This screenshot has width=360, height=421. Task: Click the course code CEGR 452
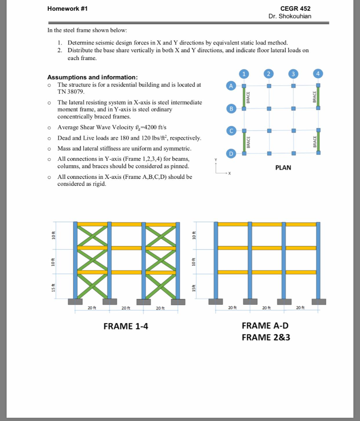tap(295, 9)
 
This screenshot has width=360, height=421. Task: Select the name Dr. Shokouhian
tap(290, 16)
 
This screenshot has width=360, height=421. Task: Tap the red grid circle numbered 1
tap(244, 74)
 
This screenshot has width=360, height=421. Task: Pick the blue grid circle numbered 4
tap(318, 74)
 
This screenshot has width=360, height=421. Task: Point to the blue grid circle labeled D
tap(231, 153)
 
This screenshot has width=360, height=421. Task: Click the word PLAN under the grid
tap(283, 167)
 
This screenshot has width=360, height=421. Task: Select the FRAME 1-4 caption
tap(125, 326)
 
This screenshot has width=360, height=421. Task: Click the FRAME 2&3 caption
tap(266, 338)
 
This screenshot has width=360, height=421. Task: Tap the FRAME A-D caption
tap(265, 326)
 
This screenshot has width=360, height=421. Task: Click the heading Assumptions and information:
tap(92, 77)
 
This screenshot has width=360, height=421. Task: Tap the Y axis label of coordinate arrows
tap(214, 160)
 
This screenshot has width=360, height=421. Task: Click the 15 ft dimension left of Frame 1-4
tap(53, 287)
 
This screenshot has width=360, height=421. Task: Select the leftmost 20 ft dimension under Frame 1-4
tap(92, 308)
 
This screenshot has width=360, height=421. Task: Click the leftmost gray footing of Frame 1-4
tap(75, 302)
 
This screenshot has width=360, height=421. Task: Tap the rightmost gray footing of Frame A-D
tap(318, 302)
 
